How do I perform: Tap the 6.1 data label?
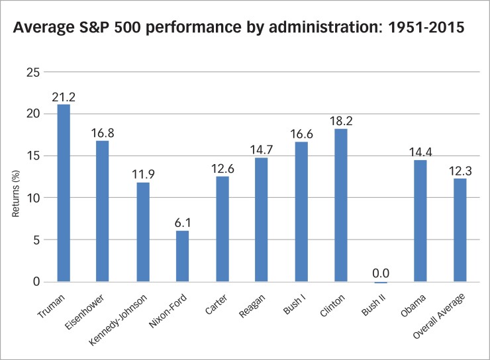click(x=181, y=222)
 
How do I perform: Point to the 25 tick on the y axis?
click(x=32, y=71)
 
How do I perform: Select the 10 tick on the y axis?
click(x=32, y=198)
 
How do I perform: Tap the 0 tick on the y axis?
click(x=36, y=282)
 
